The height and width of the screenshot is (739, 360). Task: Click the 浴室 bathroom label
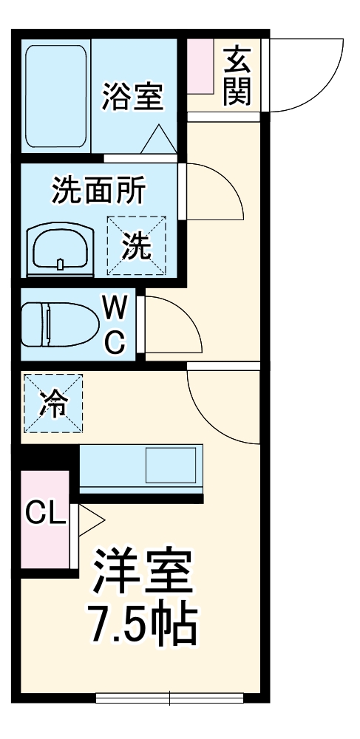(133, 97)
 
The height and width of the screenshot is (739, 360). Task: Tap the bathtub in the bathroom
(57, 96)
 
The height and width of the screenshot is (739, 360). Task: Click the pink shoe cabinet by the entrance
(199, 67)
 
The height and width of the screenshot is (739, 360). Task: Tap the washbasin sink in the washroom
(61, 251)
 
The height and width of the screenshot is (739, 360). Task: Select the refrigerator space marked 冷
(52, 403)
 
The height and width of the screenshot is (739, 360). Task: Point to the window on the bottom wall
(170, 696)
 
